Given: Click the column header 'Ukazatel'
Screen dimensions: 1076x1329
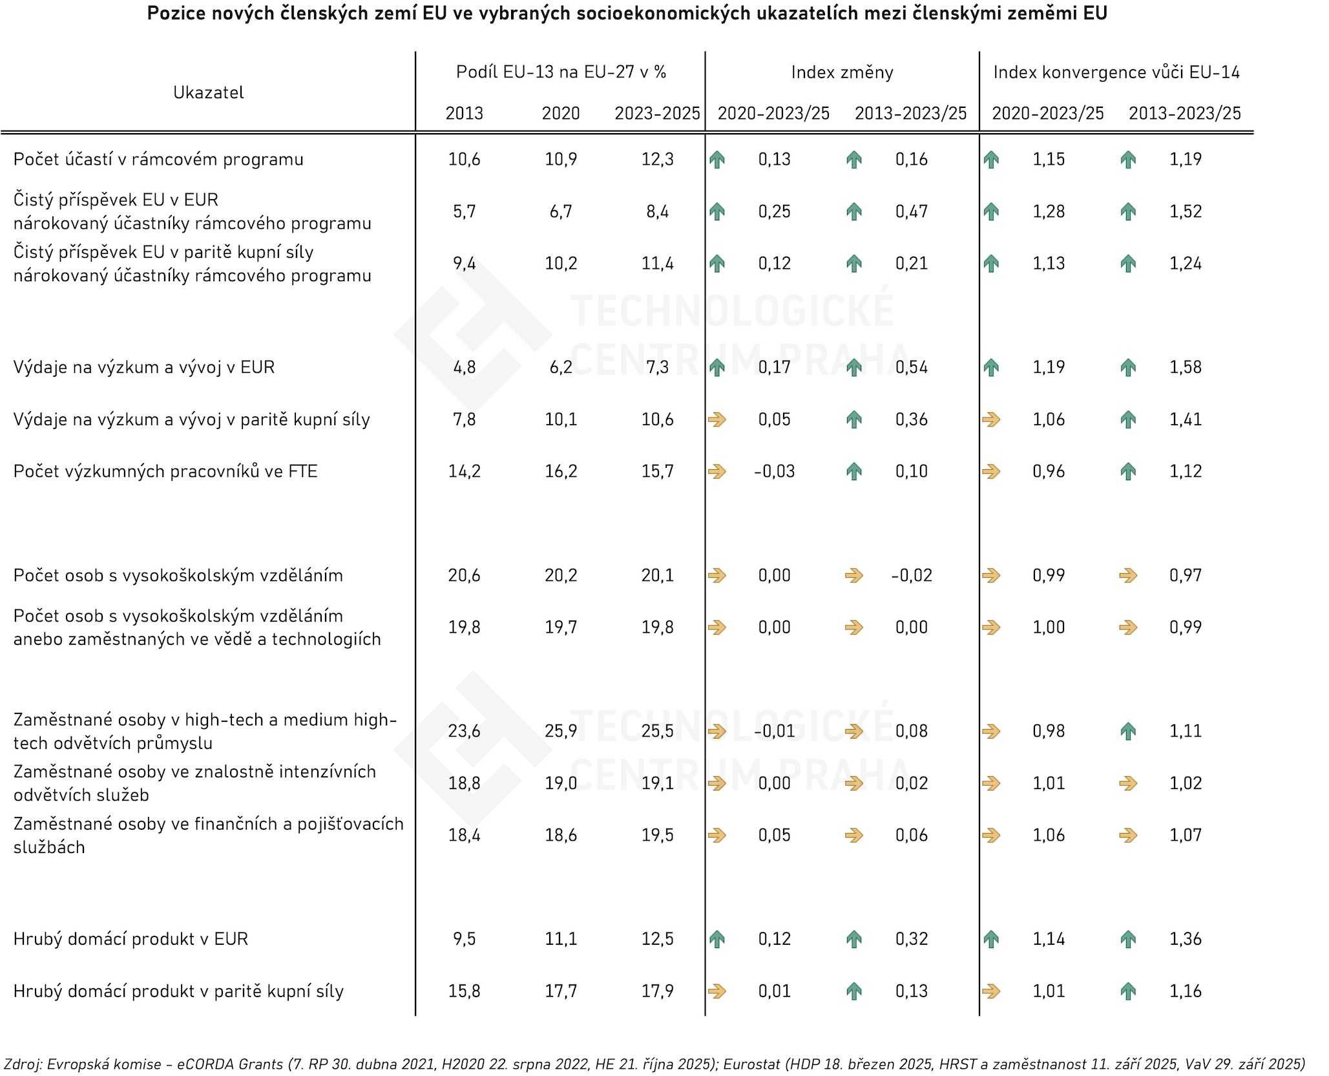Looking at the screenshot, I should coord(208,92).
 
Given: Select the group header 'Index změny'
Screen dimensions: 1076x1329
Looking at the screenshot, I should coord(842,72).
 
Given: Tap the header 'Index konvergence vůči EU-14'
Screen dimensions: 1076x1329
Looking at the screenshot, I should coord(1116,72).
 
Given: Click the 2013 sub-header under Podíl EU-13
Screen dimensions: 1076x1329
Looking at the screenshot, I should coord(464,113).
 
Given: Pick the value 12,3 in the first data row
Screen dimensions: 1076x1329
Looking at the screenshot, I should coord(657,160).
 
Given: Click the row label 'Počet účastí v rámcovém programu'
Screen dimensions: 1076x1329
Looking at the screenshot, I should coord(158,160).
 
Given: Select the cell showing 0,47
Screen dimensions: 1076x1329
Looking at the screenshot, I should coord(911,211).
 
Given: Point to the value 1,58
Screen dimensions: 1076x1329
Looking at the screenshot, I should coord(1185,367).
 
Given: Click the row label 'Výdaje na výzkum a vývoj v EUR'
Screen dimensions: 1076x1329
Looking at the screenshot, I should coord(144,367).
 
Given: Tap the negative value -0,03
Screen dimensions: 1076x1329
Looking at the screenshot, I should coord(774,471).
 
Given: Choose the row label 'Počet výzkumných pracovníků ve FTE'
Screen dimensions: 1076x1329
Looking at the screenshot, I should coord(165,471).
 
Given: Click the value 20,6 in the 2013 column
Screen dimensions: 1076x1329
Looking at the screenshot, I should coord(464,575).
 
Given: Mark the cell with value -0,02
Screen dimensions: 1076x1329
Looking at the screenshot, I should coord(911,575).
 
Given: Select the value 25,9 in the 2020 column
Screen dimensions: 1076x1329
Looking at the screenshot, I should coord(560,731).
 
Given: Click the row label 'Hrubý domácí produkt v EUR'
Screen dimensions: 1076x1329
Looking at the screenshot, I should coord(131,939).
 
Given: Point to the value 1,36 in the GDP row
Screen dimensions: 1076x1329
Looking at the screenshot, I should coord(1185,939).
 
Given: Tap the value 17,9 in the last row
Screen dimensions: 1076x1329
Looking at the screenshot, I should coord(657,991).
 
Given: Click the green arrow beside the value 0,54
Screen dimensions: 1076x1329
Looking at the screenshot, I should coord(854,368).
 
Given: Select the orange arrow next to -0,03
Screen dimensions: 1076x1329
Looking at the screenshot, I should coord(717,472).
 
